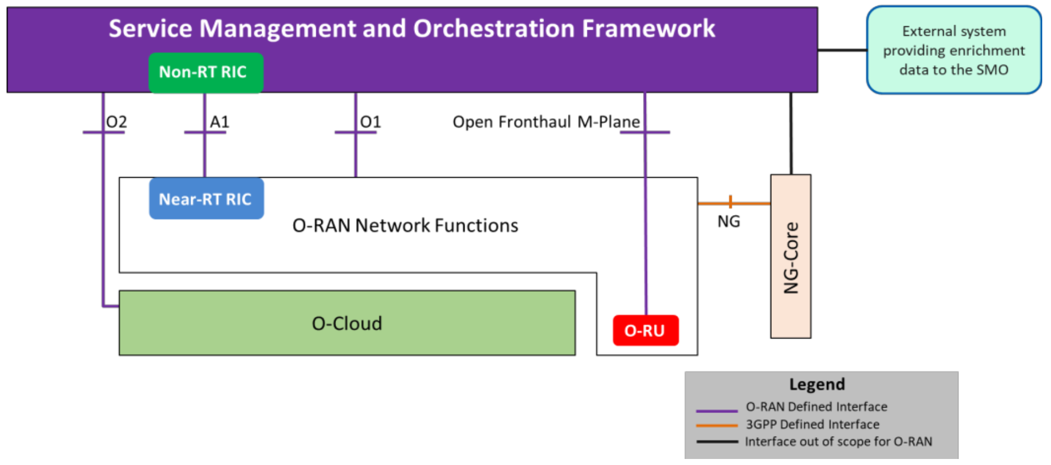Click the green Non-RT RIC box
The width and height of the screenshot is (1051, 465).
(206, 73)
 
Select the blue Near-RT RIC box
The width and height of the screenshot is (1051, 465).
(206, 199)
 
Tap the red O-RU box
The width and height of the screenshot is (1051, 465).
(646, 330)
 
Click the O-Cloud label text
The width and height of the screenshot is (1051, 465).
(347, 323)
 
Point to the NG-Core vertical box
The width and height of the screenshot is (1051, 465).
(791, 257)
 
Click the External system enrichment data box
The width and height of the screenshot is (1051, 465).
(954, 50)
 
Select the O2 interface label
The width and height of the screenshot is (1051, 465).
(117, 121)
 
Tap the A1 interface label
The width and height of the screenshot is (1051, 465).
(220, 121)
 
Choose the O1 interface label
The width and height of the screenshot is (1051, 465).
(371, 121)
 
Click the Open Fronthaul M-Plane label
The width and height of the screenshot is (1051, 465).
(546, 121)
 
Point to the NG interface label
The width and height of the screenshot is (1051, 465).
(729, 222)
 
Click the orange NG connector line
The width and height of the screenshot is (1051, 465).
(734, 203)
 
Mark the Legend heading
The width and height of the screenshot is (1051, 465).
(817, 384)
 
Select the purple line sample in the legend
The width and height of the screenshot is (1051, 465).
(717, 410)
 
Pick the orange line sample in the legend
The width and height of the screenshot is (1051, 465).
(717, 426)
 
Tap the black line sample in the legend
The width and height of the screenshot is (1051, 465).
(717, 441)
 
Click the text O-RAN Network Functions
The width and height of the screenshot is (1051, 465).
(405, 225)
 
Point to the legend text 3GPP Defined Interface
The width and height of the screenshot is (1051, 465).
(813, 425)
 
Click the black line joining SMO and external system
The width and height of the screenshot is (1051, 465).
(842, 50)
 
